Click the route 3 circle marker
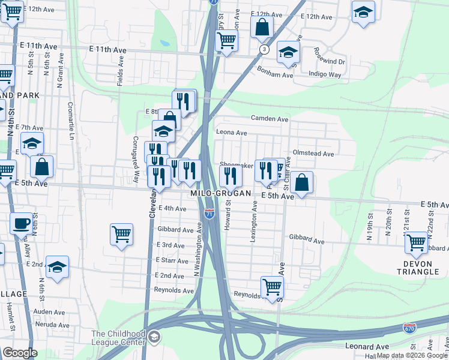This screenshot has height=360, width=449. (x=264, y=49)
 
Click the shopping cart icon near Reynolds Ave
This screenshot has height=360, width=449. (x=272, y=286)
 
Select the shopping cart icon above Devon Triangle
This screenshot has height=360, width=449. (x=415, y=242)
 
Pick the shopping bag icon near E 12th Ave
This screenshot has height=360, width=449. (x=262, y=27)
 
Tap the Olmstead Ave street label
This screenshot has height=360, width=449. (x=313, y=154)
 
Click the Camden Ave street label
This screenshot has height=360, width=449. (x=270, y=119)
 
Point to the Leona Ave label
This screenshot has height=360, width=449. (x=232, y=133)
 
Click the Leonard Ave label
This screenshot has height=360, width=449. (x=367, y=346)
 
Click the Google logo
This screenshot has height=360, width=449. (x=20, y=353)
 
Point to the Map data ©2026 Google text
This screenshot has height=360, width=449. (x=412, y=355)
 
